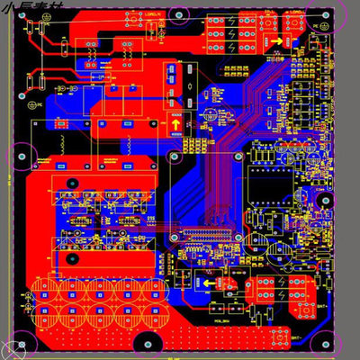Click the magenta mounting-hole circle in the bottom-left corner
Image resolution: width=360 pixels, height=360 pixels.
17,346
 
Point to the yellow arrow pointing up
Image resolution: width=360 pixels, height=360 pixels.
175,127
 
